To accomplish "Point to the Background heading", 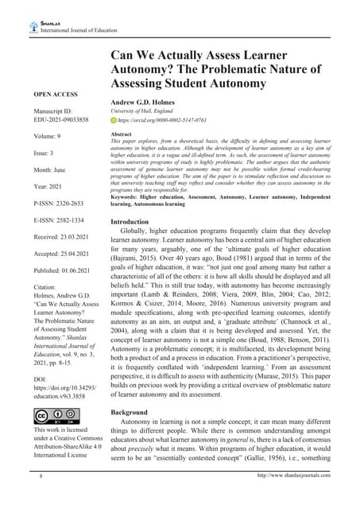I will (130, 413).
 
